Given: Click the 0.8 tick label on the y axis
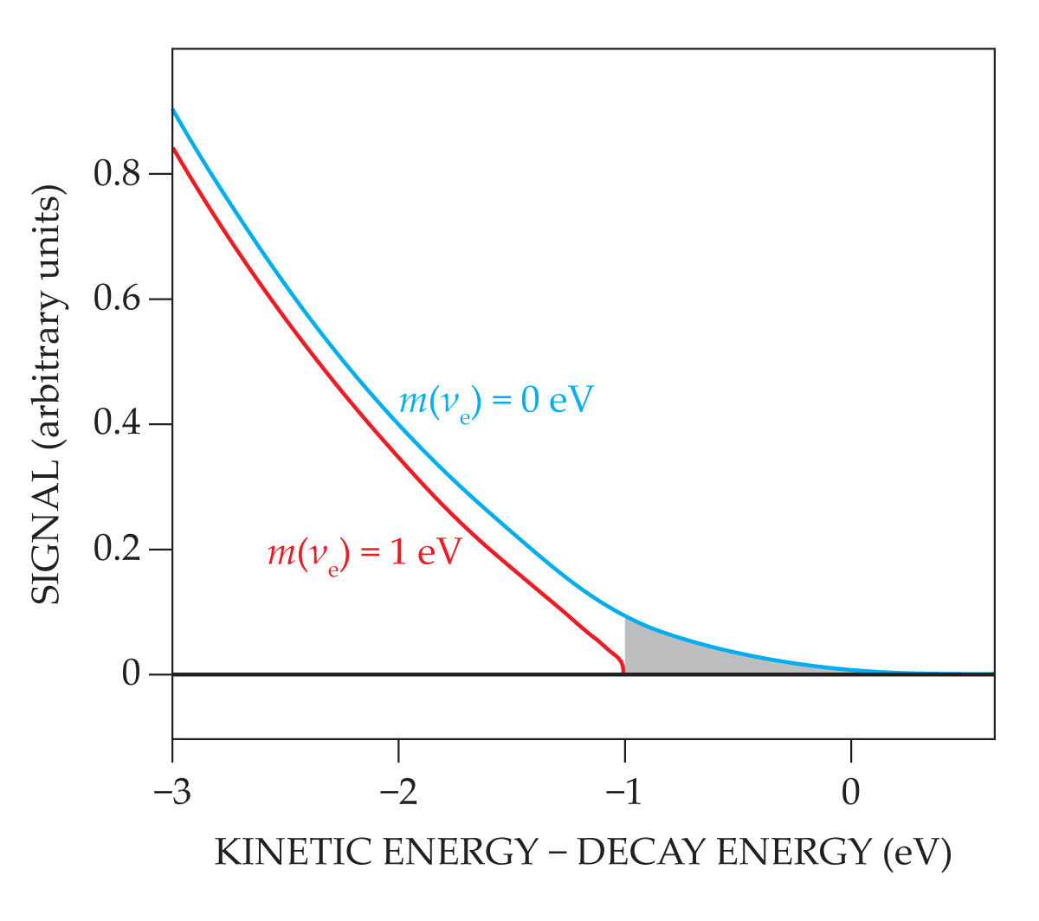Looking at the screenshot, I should (118, 175).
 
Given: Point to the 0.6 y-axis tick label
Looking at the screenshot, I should (118, 299).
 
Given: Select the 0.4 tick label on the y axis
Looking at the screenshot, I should (118, 425).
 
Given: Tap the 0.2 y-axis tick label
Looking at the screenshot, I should (118, 550).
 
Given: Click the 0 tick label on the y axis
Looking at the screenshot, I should (132, 674).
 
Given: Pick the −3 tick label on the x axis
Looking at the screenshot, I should (171, 792).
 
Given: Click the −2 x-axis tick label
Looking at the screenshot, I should (397, 792).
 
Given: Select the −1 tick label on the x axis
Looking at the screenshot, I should (623, 792).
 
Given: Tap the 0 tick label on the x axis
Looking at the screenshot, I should (851, 792).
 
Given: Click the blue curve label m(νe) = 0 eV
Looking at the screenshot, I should (496, 402).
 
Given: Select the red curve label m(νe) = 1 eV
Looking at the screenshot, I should (365, 552).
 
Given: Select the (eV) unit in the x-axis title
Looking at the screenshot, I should (917, 853).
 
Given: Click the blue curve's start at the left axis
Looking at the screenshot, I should (174, 110).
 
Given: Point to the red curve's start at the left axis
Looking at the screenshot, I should (174, 149).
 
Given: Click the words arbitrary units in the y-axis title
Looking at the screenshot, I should (48, 329).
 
